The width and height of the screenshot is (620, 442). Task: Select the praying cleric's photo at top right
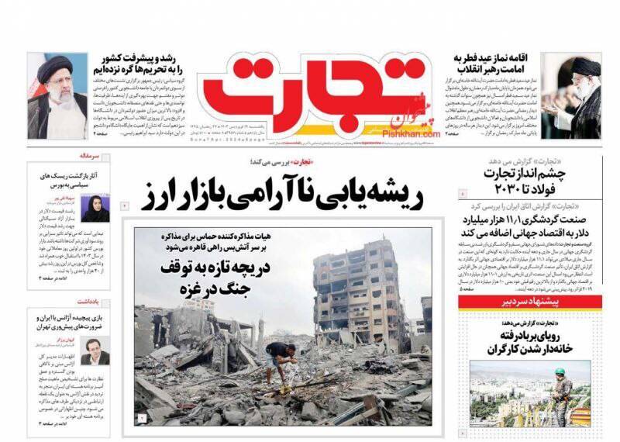click(x=573, y=97)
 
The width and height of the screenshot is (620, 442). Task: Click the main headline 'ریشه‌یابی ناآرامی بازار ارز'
click(x=283, y=196)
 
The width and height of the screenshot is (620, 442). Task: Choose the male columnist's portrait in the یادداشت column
click(x=94, y=350)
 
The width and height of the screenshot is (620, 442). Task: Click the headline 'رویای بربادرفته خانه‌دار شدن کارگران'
click(x=532, y=343)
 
